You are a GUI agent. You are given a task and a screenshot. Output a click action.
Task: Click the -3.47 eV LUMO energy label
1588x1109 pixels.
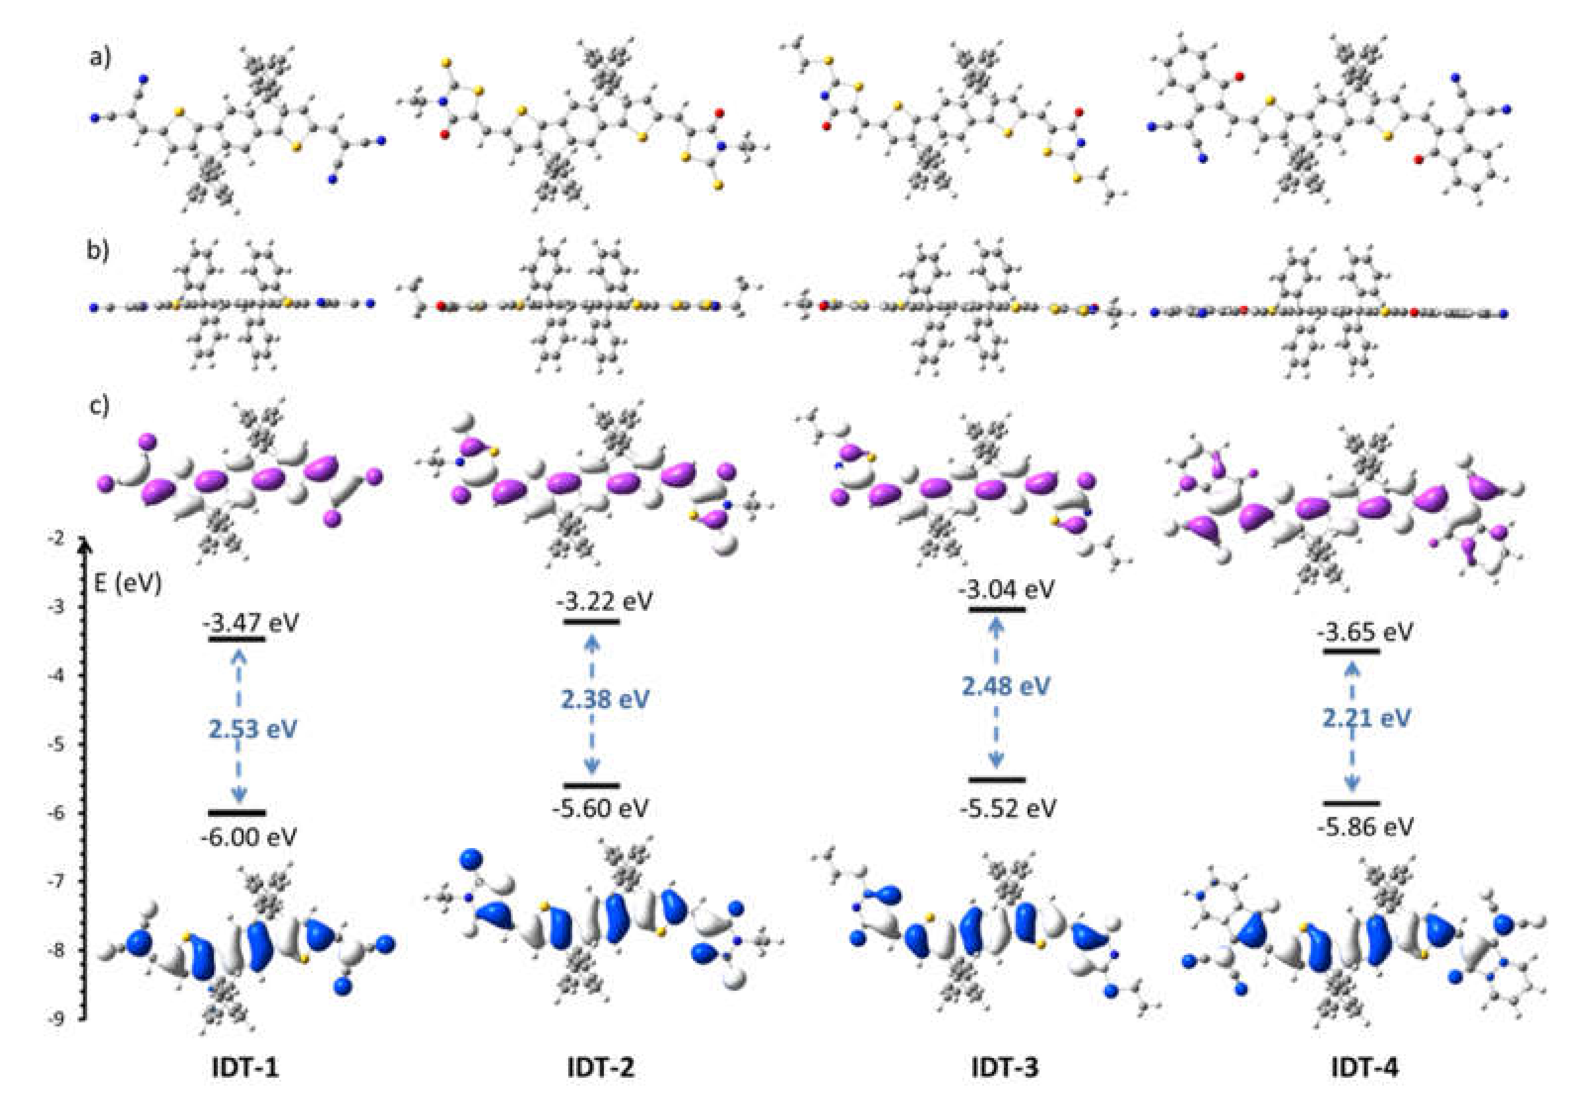click(x=250, y=623)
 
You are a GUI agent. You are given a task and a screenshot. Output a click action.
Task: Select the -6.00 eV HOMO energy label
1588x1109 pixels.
click(x=249, y=837)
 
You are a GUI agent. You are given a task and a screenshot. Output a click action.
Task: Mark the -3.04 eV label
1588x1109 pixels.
click(x=1007, y=590)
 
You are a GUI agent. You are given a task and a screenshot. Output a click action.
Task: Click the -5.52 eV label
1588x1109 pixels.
click(x=1008, y=808)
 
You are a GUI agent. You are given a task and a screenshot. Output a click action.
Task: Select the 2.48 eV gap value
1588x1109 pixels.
click(x=1006, y=686)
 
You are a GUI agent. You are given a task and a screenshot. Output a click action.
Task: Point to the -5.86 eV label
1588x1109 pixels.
click(x=1365, y=827)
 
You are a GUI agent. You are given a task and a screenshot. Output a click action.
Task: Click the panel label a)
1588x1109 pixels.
click(x=99, y=58)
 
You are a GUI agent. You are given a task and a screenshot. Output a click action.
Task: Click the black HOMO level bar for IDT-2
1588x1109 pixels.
click(x=592, y=785)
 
